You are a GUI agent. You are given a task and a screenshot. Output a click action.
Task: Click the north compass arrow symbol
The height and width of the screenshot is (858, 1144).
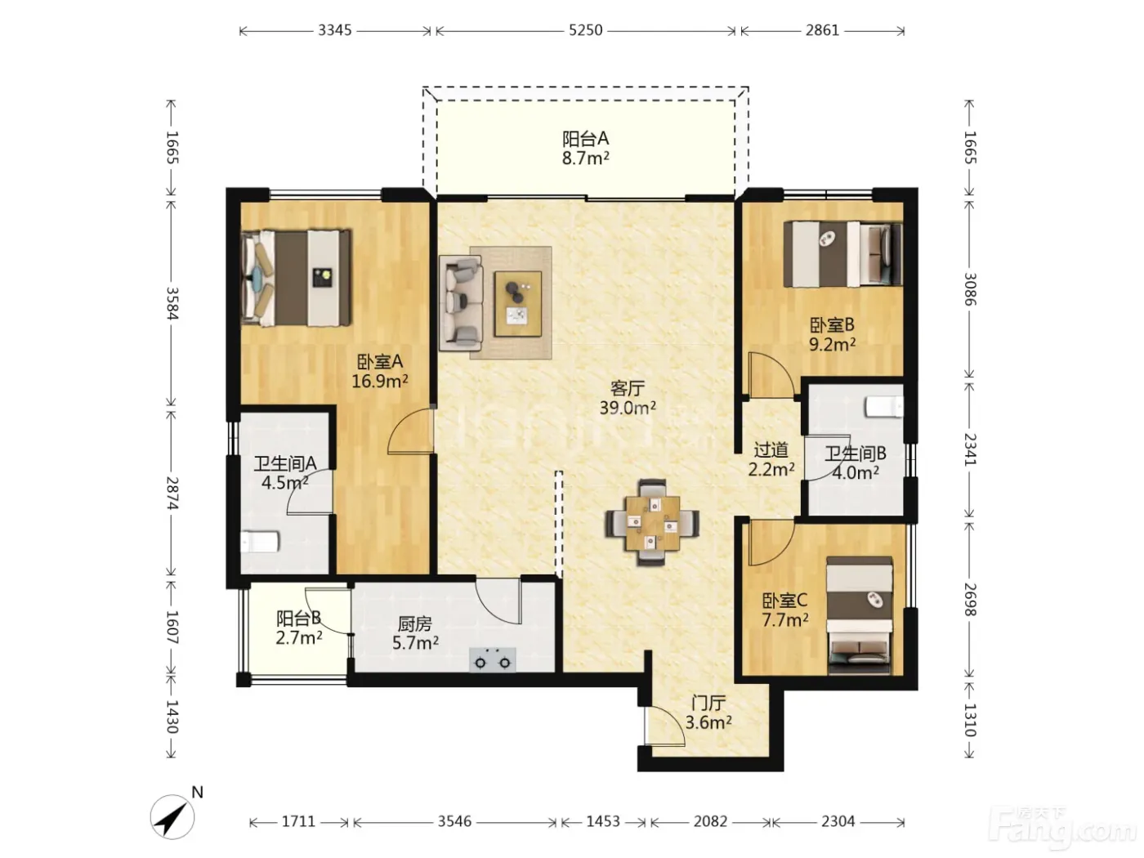[172, 816]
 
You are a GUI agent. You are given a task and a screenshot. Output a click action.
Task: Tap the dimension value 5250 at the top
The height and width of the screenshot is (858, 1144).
[585, 30]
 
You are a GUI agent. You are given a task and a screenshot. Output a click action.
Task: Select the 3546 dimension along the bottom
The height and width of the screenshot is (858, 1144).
[454, 821]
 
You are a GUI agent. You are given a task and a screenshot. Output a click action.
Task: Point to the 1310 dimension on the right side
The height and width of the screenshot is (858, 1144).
[969, 719]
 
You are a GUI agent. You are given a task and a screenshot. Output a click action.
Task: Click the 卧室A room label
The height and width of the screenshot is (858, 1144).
[379, 361]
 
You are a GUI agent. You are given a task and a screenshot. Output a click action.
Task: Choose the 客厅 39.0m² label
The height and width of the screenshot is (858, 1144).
[628, 398]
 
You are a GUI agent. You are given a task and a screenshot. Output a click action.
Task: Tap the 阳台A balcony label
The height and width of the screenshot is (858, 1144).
[585, 139]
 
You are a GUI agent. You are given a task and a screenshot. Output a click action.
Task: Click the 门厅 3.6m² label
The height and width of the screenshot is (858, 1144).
[708, 713]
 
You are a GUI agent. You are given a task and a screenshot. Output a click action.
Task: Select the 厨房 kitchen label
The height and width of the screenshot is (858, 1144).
[415, 623]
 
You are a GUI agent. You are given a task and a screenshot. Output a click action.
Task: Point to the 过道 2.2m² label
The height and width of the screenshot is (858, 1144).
[771, 459]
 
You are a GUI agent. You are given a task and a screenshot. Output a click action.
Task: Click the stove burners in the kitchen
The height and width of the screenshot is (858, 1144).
[493, 660]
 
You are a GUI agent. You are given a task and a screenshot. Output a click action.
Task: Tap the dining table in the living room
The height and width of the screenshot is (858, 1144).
[653, 523]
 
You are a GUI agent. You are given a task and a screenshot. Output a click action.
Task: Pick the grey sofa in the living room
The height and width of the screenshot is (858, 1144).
[461, 303]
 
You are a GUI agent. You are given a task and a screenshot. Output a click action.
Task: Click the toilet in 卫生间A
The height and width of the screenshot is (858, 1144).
[260, 542]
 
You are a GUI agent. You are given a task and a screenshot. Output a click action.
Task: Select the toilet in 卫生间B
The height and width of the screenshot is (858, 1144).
[884, 407]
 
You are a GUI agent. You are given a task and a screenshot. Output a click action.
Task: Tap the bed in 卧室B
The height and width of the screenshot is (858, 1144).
[842, 253]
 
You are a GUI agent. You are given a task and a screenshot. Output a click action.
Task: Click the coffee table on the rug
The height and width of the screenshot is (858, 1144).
[518, 304]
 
